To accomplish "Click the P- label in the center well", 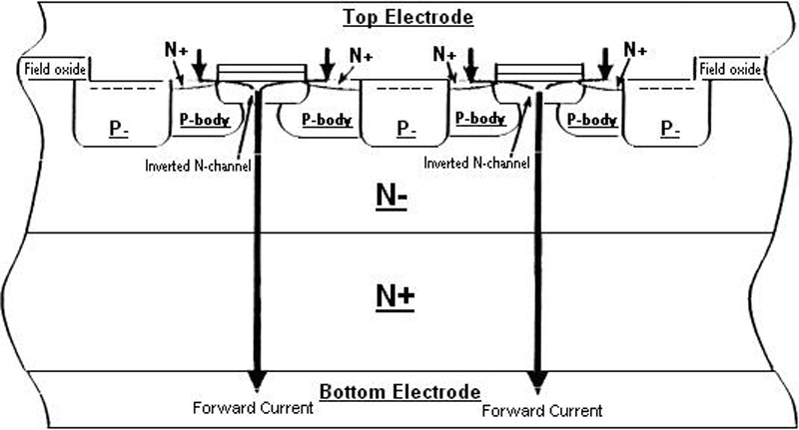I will click(x=405, y=129).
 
